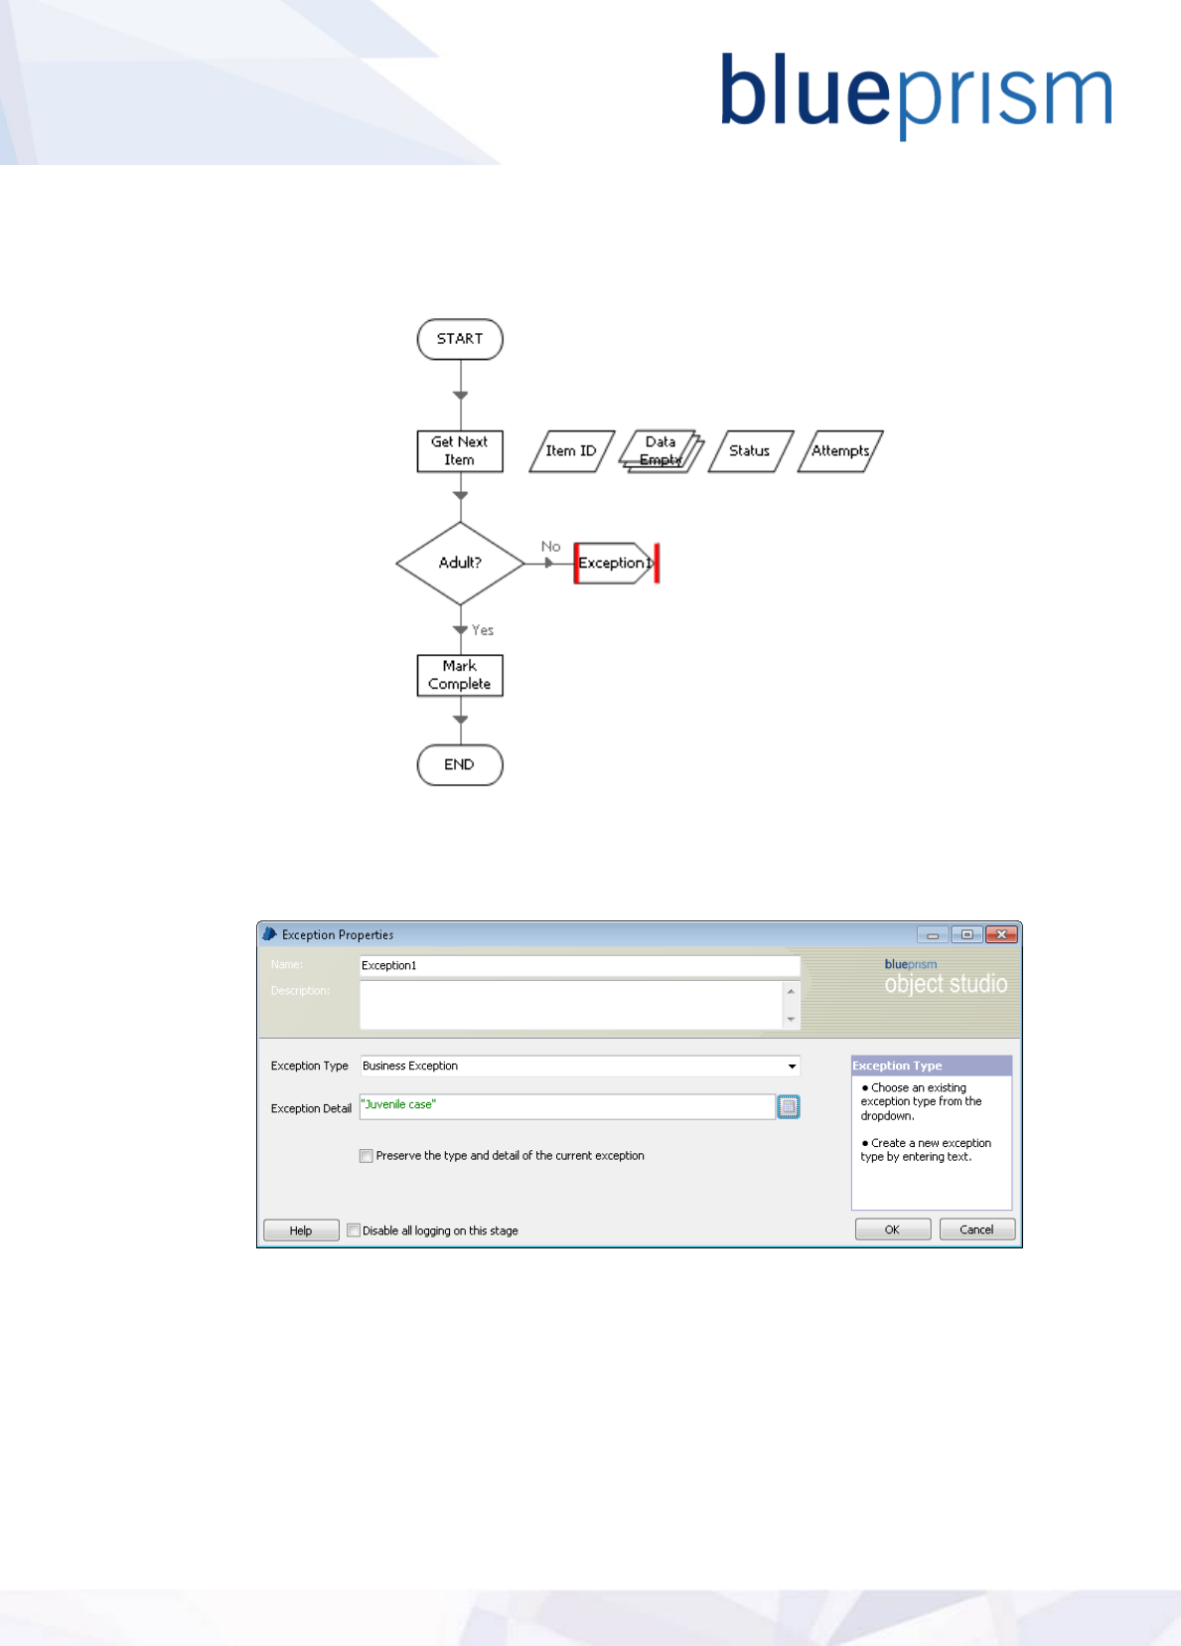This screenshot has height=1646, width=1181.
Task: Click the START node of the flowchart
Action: pos(460,339)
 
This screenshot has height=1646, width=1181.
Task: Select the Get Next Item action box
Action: pos(460,451)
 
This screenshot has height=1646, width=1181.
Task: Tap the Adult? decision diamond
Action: pos(460,563)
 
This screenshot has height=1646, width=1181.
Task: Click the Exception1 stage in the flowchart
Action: pos(614,563)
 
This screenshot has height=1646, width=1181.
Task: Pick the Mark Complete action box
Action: pos(460,675)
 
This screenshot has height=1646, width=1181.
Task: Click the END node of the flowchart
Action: pos(460,764)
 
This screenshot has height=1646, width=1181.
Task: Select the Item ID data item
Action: pos(571,451)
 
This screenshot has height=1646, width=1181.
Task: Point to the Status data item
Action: pos(750,451)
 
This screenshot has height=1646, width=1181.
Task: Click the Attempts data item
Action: pos(840,451)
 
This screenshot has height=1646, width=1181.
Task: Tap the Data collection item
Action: pos(661,451)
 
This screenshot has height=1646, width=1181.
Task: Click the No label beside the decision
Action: pos(550,547)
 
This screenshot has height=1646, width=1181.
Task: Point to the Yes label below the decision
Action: pos(483,630)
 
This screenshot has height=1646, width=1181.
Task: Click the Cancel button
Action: pos(976,1230)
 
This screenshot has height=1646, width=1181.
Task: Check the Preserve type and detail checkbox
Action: pos(367,1156)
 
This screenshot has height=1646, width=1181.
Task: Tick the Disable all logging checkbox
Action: pos(354,1231)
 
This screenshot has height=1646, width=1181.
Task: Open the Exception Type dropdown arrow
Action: pos(792,1067)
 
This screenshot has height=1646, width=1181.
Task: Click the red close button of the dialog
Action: pos(1001,934)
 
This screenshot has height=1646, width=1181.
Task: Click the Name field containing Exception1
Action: pos(579,965)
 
